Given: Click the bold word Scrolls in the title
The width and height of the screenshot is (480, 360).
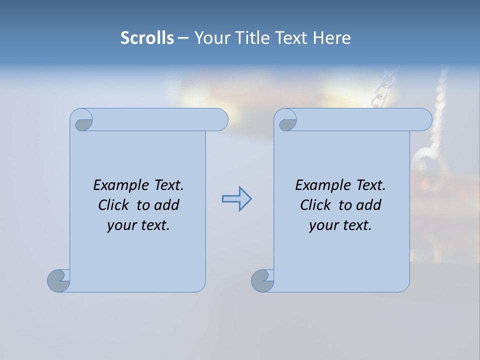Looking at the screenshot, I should point(147,37).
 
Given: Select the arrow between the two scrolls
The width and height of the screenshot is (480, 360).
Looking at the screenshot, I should point(236,199).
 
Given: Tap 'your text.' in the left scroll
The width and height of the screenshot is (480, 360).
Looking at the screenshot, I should point(138,225).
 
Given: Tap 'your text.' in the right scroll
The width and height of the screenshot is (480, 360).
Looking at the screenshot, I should point(340,225).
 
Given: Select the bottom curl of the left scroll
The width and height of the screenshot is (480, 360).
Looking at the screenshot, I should point(58,280).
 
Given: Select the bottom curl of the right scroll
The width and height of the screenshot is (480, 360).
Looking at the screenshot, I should point(262,280).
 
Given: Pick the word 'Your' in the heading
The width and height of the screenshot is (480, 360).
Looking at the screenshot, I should point(211,37).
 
